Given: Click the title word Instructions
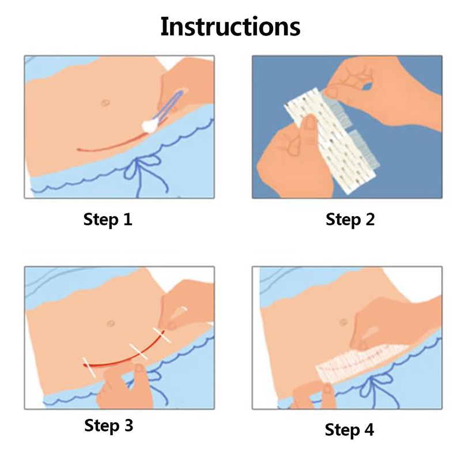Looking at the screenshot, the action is (x=230, y=27).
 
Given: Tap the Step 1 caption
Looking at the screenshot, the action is (x=108, y=220).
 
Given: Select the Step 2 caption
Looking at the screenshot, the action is (x=350, y=220).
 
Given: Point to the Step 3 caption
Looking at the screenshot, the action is (x=108, y=425).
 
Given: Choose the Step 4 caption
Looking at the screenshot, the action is (x=349, y=429).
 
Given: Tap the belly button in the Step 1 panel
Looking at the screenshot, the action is (x=105, y=103).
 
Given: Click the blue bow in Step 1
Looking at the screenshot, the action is (x=146, y=172).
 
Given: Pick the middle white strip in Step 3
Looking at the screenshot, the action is (x=138, y=350).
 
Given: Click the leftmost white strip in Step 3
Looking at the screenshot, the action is (x=89, y=367).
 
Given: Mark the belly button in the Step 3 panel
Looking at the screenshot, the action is (x=111, y=323).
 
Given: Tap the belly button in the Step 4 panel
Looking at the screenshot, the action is (x=343, y=323).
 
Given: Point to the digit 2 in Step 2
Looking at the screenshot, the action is (x=369, y=220).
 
